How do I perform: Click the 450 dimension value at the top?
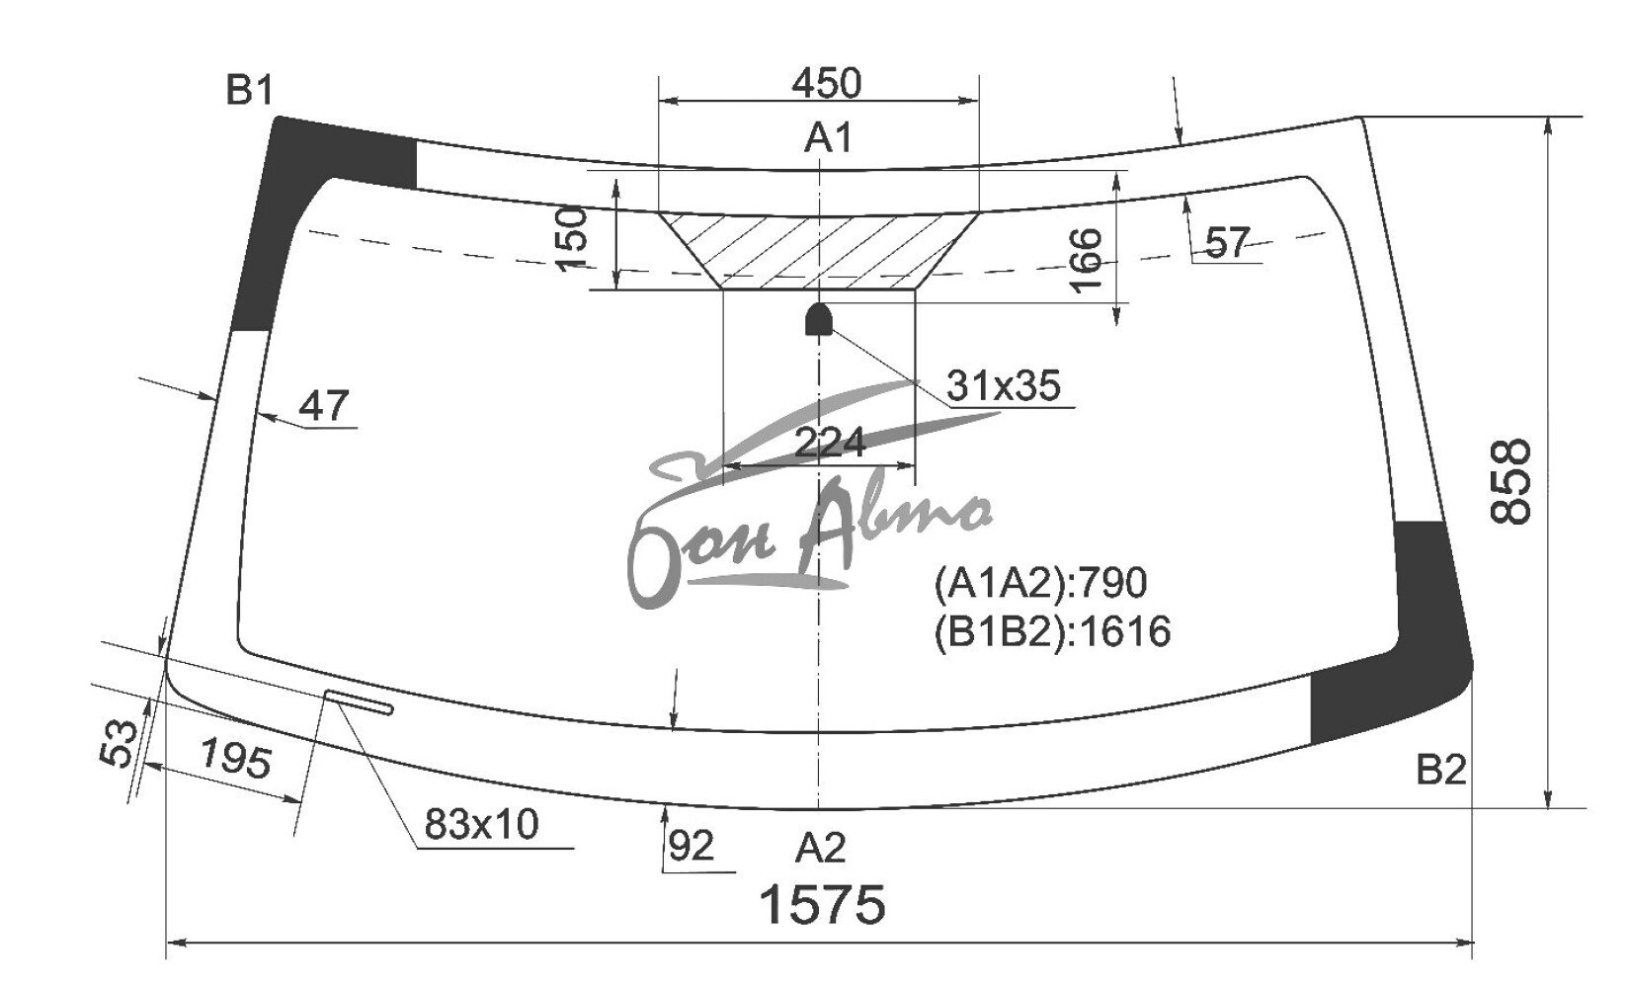[x=827, y=83]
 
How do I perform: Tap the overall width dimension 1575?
[x=822, y=904]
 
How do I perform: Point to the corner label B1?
[x=250, y=91]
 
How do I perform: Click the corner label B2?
[x=1441, y=770]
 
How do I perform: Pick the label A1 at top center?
[x=828, y=138]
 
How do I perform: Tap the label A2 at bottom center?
[x=821, y=849]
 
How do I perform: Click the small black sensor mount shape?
[x=819, y=319]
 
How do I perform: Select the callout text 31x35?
[x=1004, y=385]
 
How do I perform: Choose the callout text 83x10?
[x=482, y=824]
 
